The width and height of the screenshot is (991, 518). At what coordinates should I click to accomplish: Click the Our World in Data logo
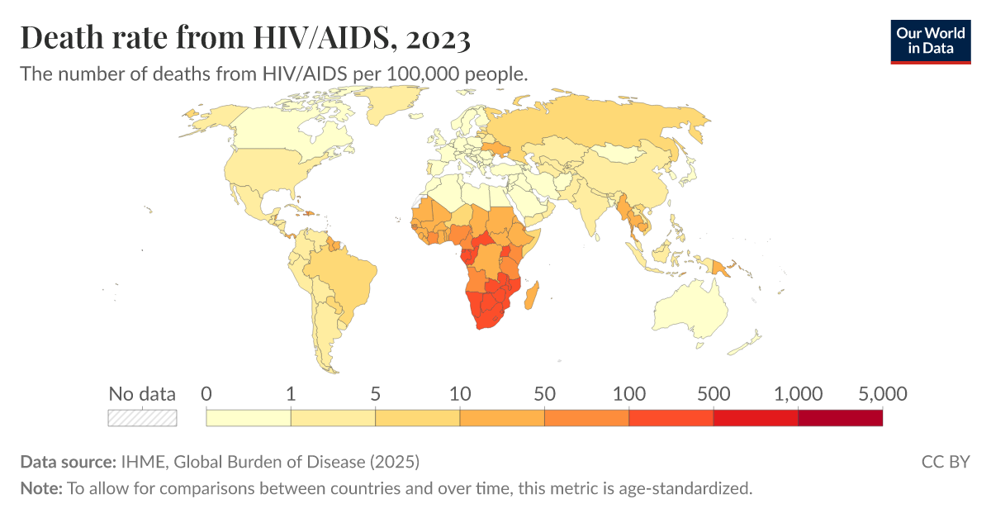coord(930,40)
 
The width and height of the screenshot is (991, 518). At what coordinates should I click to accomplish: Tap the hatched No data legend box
coord(142,418)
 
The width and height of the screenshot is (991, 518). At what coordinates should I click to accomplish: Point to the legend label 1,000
coord(798,394)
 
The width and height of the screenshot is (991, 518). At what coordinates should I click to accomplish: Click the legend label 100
coord(628,394)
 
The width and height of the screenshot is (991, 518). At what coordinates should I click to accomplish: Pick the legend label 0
coord(206,394)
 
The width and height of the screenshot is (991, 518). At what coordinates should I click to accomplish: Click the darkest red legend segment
coord(840,418)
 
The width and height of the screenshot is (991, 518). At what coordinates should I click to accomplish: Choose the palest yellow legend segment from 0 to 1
coord(249,418)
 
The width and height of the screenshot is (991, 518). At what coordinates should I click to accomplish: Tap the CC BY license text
coord(945,461)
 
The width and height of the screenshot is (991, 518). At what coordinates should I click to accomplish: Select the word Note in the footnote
coord(40,488)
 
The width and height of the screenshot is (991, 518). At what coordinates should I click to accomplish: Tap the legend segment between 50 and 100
coord(586,418)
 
